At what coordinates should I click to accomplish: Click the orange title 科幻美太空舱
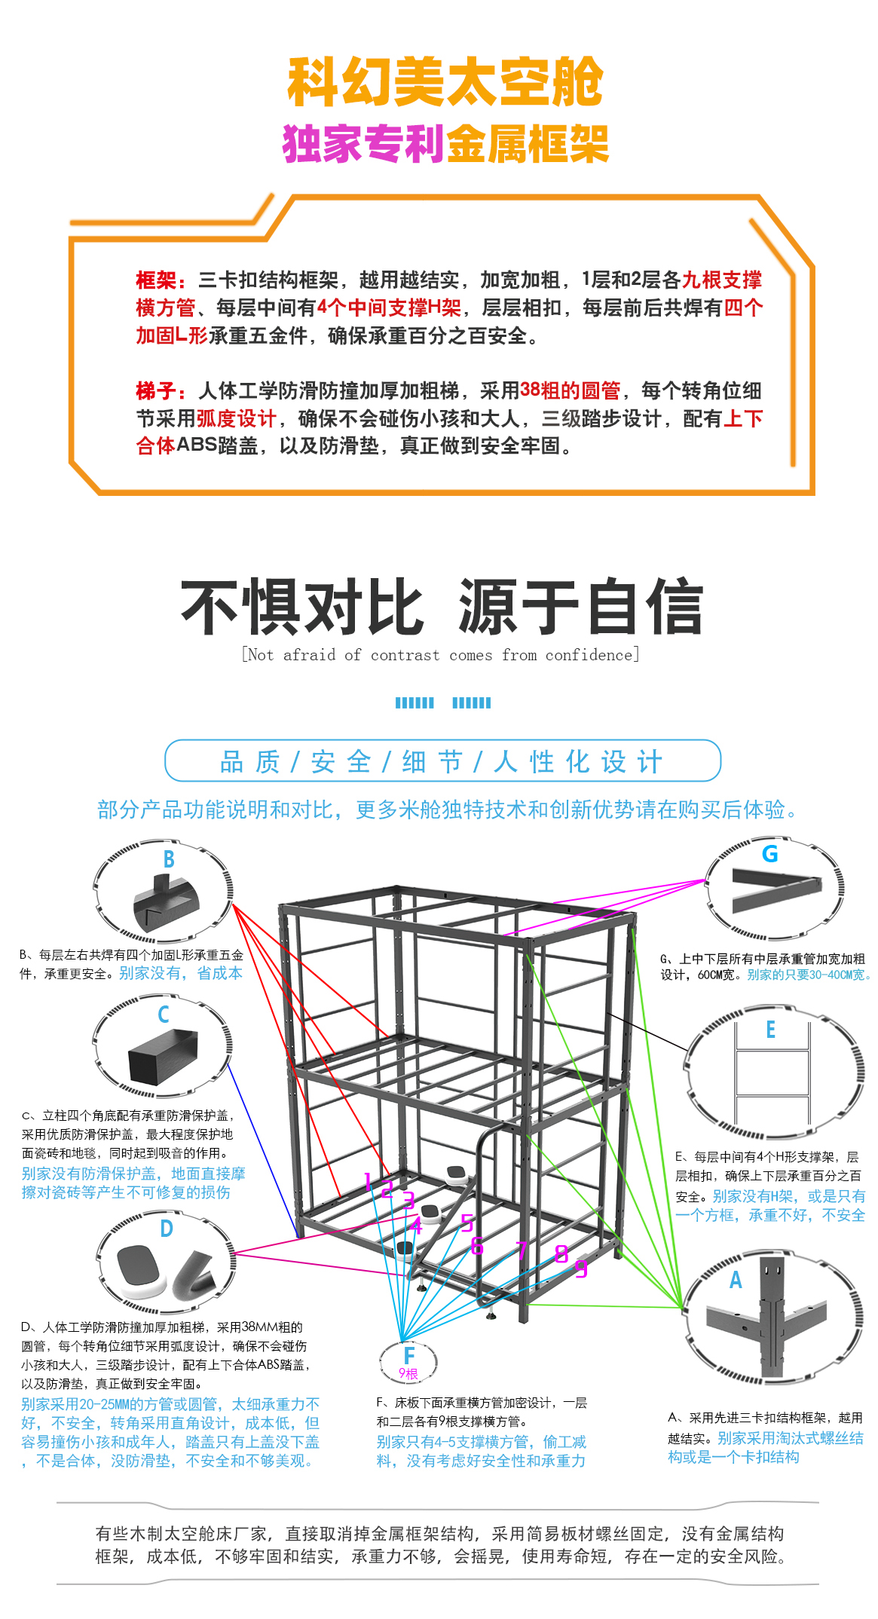(445, 81)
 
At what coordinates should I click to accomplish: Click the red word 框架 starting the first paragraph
(156, 280)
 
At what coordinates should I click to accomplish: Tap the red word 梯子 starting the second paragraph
(156, 390)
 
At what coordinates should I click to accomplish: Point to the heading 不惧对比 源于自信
(442, 608)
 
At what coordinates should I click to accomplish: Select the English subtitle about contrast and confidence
(441, 654)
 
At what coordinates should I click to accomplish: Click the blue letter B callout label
(169, 859)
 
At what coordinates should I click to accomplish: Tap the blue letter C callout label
(164, 1015)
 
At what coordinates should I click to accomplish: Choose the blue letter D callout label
(167, 1229)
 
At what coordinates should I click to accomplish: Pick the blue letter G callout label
(769, 854)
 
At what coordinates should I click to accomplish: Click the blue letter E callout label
(770, 1030)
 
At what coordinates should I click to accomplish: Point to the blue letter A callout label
(736, 1280)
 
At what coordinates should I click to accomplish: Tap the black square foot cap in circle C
(163, 1057)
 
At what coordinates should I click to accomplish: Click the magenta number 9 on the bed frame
(581, 1269)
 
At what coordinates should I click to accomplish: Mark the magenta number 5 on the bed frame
(467, 1223)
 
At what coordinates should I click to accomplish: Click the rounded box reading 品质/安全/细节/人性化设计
(443, 761)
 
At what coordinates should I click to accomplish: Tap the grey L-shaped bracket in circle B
(166, 903)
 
